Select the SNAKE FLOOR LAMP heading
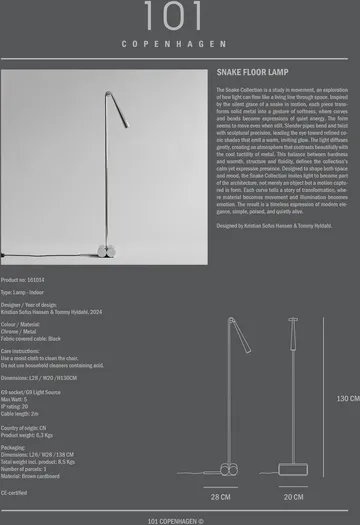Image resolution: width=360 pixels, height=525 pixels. [254, 74]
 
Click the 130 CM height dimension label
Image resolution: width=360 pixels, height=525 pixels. [347, 399]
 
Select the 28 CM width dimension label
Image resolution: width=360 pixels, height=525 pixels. [220, 497]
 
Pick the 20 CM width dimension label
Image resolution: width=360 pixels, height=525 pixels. [293, 497]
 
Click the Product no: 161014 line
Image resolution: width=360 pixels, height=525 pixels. [23, 281]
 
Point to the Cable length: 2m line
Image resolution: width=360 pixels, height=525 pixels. [20, 413]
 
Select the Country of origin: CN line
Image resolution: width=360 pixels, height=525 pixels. [26, 429]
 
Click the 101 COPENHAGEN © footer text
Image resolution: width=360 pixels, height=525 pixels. [175, 520]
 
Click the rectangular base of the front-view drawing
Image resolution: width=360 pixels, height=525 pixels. [293, 469]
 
